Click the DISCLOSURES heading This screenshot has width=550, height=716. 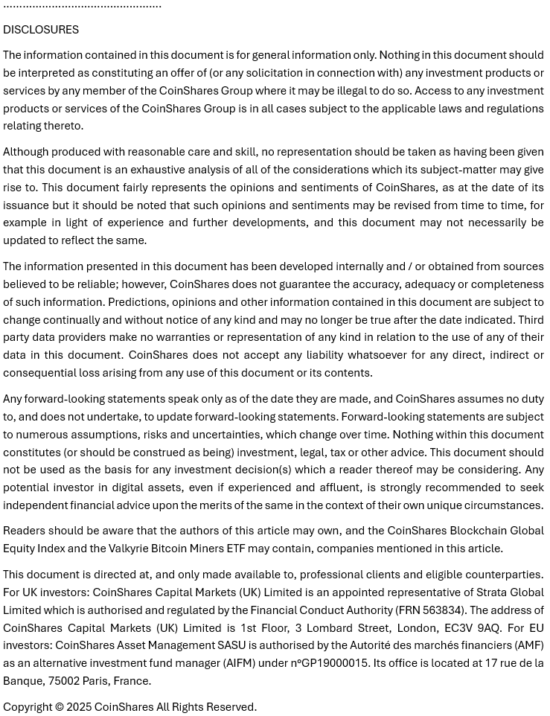(41, 30)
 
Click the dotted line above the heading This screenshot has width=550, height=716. (82, 6)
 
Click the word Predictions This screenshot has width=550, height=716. (138, 302)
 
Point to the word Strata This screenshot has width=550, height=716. (493, 592)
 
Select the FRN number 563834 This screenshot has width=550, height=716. (441, 610)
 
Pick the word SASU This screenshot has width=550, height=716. (231, 645)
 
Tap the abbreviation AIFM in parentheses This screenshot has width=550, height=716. (238, 663)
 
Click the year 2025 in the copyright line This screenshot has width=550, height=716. (79, 707)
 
